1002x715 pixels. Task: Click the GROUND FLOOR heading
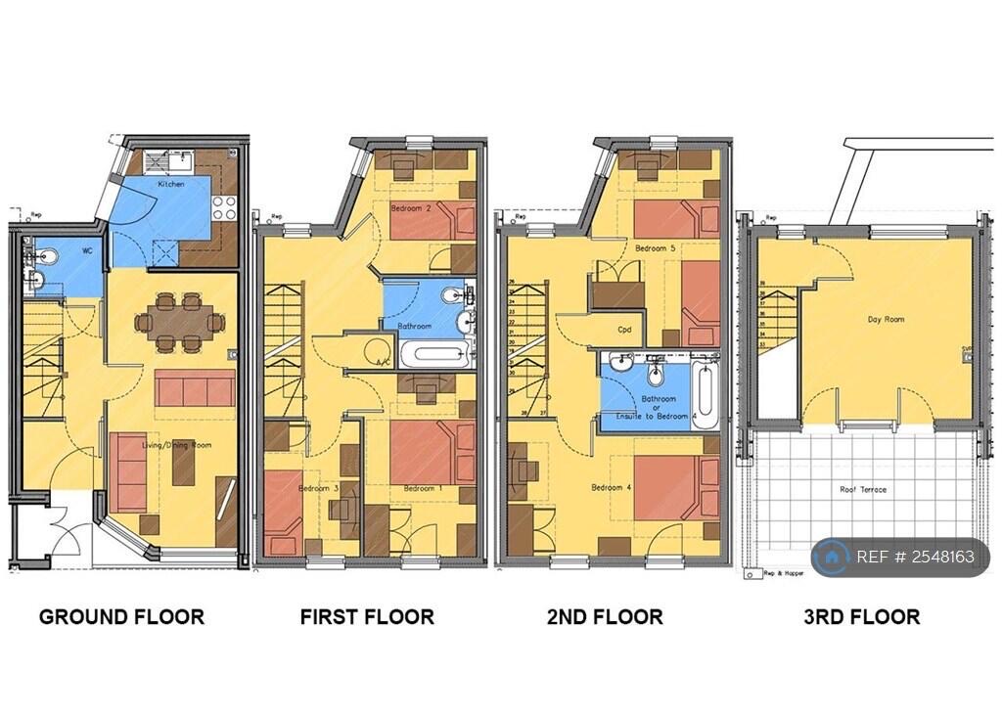(121, 617)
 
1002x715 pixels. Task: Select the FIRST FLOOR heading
(367, 617)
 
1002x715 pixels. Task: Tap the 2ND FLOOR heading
(605, 617)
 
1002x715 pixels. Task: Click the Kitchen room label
(172, 183)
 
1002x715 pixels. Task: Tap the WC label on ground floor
(87, 250)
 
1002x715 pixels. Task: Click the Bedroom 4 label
(610, 487)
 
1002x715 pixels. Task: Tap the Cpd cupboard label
(623, 330)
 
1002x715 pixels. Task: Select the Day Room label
(886, 320)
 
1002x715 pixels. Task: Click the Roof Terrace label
(863, 489)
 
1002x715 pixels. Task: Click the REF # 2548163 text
(914, 558)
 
